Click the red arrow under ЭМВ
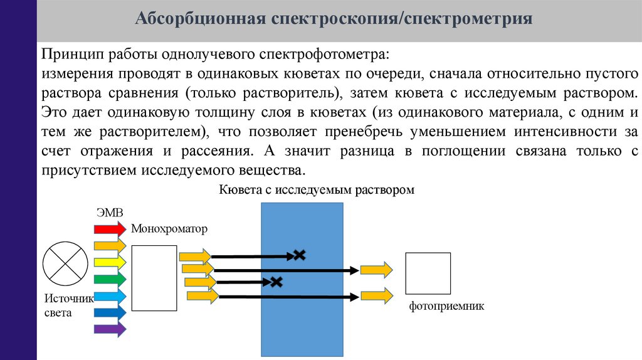tap(110, 228)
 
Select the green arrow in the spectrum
tap(110, 279)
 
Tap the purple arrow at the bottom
tap(110, 329)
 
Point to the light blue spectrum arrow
tap(110, 295)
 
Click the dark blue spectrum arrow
tap(110, 312)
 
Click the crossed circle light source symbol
tap(65, 263)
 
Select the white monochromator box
tap(154, 278)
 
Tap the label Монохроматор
tap(169, 228)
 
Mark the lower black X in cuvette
tap(275, 282)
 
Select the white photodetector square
tap(428, 274)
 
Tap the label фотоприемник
tap(447, 307)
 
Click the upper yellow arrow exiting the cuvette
tap(376, 270)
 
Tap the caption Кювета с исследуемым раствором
tap(317, 189)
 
